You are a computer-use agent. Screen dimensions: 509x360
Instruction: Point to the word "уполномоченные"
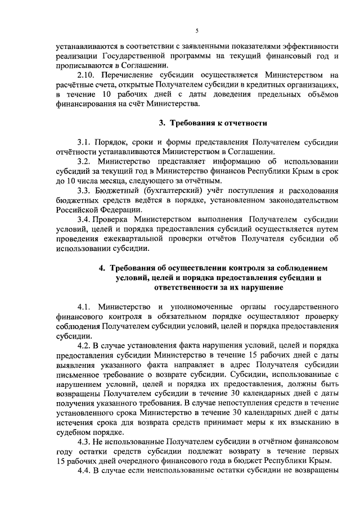pyautogui.click(x=201, y=307)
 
